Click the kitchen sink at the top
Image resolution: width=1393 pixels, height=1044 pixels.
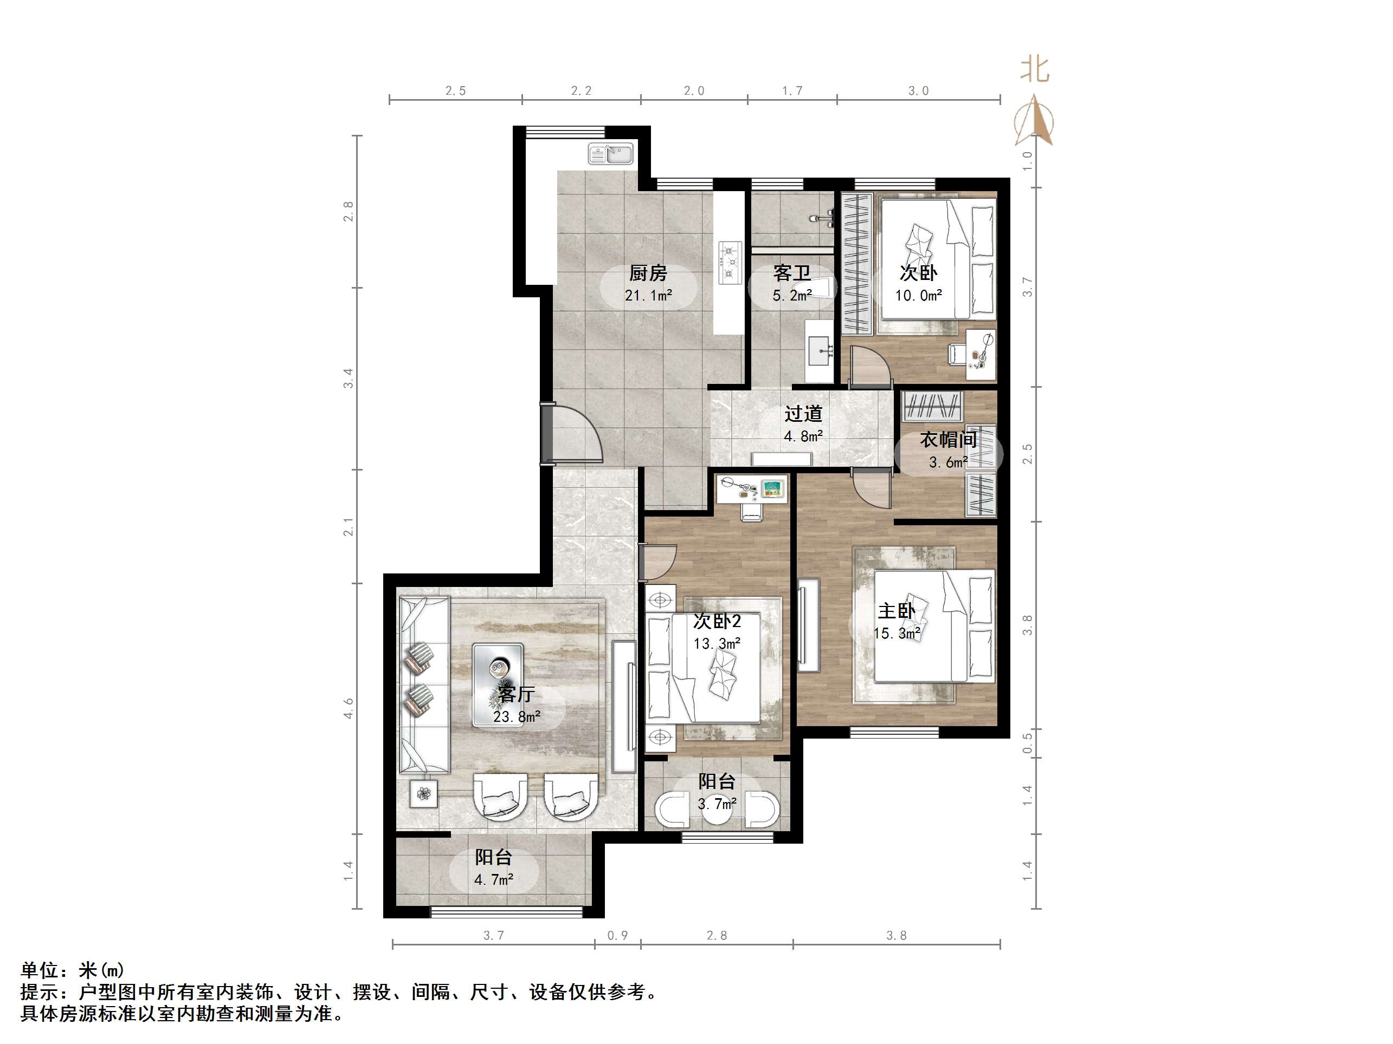(610, 154)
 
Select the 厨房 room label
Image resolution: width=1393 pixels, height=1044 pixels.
(648, 273)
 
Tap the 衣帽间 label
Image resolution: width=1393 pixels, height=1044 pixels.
(948, 439)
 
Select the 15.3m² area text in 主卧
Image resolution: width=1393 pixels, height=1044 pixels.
(896, 633)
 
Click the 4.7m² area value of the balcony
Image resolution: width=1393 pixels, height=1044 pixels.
(493, 879)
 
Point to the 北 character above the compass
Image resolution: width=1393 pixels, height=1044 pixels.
(1035, 69)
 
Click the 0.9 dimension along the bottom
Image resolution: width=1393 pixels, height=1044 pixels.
(617, 936)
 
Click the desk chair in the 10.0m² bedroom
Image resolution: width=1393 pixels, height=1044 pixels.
(957, 353)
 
